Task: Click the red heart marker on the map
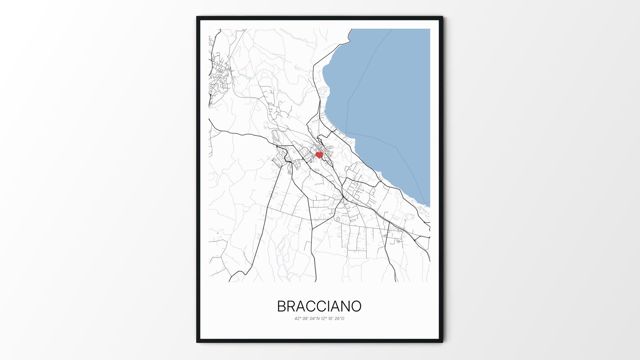[x=319, y=155]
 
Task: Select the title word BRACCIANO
[x=319, y=307]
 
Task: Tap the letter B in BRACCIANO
[x=282, y=307]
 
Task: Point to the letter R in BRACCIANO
[x=292, y=307]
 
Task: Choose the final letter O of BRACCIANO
[x=356, y=307]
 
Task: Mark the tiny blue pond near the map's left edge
[x=217, y=233]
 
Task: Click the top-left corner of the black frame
[x=197, y=17]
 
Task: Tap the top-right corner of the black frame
[x=442, y=17]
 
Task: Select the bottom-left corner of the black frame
[x=197, y=342]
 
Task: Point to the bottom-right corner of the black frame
[x=442, y=342]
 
